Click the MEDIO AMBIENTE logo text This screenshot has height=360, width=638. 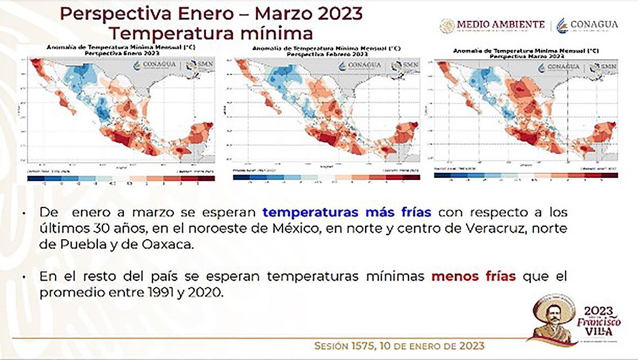point(500,25)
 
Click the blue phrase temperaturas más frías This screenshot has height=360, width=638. point(347,213)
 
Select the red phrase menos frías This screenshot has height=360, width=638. point(473,277)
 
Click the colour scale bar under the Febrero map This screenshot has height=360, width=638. point(326,177)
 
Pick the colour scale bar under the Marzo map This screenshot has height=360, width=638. point(526,175)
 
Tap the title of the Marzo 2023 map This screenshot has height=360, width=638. point(526,54)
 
